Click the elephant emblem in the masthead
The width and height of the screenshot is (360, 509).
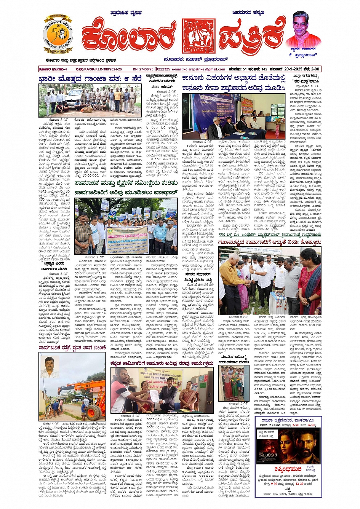tap(198, 36)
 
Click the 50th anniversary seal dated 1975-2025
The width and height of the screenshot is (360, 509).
tap(58, 35)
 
